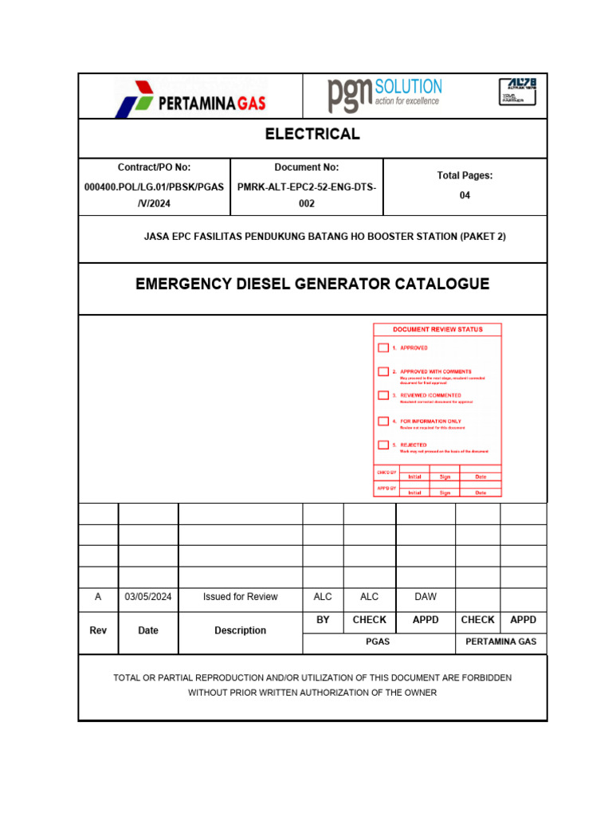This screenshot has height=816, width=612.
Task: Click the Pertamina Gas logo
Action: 191,96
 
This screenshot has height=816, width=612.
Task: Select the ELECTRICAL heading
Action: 312,134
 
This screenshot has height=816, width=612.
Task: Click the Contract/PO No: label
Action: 155,167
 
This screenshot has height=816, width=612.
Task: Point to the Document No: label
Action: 307,167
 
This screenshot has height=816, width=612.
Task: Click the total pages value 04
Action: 465,195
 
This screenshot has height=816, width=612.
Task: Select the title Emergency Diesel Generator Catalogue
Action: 312,284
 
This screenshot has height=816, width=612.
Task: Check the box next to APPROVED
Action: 383,347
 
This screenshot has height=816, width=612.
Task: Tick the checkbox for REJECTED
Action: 383,445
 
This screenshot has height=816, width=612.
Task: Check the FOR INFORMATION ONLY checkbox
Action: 383,421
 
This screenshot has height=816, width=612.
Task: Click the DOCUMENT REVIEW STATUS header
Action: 437,329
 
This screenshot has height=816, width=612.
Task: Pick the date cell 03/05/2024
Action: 148,597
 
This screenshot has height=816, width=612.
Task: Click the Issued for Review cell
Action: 241,597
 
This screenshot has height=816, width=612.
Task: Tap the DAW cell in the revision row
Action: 426,597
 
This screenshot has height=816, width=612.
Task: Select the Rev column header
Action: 98,630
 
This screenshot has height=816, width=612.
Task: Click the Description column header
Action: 241,630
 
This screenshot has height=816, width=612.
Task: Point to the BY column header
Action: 323,620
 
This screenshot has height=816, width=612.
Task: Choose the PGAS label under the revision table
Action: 378,641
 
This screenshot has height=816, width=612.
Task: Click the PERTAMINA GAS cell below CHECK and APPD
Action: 501,641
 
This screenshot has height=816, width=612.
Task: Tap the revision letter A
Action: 98,597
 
